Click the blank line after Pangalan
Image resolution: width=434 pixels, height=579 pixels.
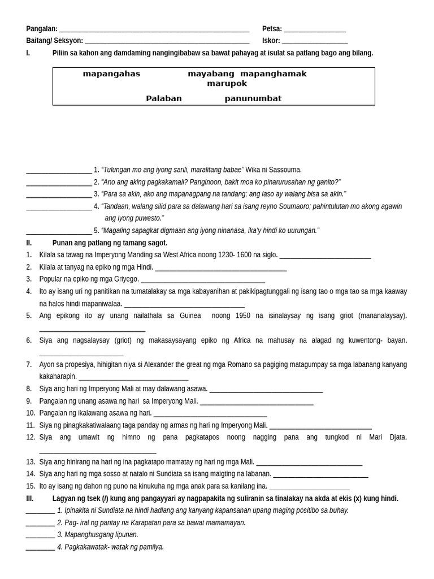coord(154,30)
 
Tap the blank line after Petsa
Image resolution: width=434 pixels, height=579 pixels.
coord(315,30)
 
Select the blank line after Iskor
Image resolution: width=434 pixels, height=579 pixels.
coord(315,42)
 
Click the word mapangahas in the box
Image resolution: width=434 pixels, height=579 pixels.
coord(111,74)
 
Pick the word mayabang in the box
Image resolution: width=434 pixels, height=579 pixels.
coord(211,74)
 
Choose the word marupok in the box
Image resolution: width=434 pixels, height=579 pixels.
coord(227,84)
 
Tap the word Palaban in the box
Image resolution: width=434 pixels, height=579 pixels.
coord(164,99)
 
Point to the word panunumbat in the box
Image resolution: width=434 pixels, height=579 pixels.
coord(253,99)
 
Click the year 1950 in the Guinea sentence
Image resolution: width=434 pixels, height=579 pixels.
coord(239,316)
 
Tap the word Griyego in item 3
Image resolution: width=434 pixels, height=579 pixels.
coord(126,279)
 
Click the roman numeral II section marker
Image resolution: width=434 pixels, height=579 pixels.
coord(29,243)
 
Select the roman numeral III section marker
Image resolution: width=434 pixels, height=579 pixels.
coord(30,499)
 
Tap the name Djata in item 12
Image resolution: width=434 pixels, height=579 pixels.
coord(398,438)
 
